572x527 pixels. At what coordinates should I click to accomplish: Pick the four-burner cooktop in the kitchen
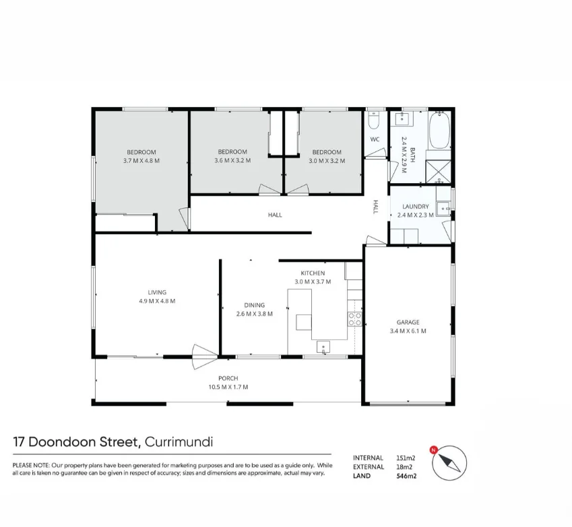click(x=354, y=318)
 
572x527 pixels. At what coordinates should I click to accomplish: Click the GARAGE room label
click(x=408, y=322)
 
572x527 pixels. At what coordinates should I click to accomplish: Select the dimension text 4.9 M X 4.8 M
click(x=157, y=301)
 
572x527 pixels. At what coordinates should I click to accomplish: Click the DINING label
click(x=255, y=305)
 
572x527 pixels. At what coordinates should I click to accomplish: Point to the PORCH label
click(x=228, y=378)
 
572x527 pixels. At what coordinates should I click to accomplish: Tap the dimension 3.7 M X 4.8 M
click(x=141, y=161)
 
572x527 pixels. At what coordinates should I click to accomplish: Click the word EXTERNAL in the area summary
click(x=369, y=466)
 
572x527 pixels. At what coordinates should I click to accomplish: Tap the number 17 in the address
click(x=20, y=442)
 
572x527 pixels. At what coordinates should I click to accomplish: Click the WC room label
click(x=375, y=139)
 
